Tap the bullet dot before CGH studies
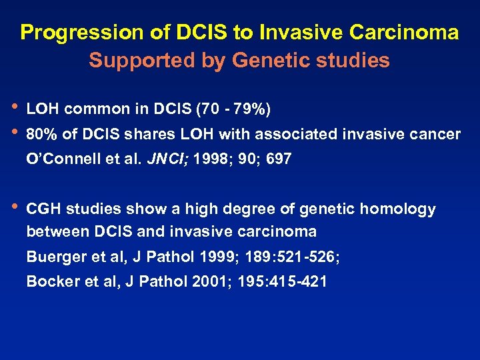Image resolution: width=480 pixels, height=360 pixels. [15, 208]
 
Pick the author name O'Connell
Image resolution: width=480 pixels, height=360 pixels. [61, 160]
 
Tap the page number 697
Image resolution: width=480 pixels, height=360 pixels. [278, 160]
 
